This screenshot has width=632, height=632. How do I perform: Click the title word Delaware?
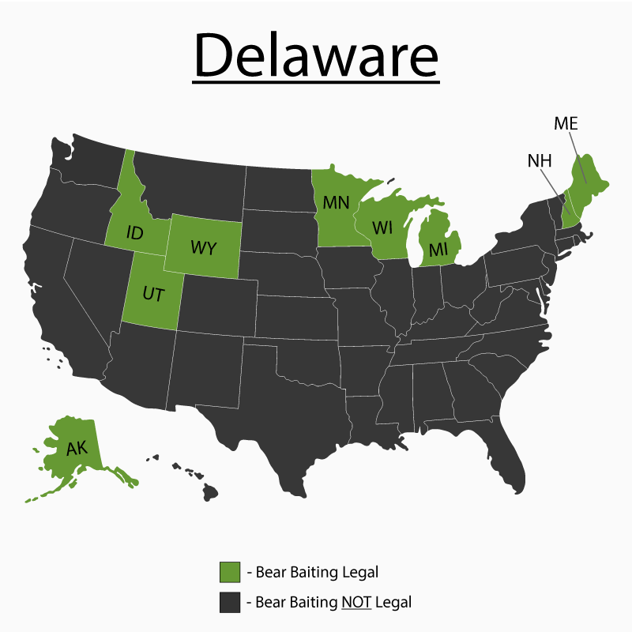click(315, 56)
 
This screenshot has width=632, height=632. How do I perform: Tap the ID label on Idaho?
click(135, 234)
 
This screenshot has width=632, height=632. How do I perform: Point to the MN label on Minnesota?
click(336, 202)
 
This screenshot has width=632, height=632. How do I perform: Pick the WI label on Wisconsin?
click(382, 228)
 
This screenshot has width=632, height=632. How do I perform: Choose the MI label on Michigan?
click(438, 250)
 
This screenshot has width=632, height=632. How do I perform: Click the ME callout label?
click(566, 123)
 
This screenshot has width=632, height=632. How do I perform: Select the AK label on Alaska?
click(77, 449)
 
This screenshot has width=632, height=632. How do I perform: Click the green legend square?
click(230, 571)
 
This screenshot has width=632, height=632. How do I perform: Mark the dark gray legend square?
click(230, 602)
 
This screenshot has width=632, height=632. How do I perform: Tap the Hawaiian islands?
click(190, 478)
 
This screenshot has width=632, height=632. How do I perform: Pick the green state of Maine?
click(588, 178)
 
